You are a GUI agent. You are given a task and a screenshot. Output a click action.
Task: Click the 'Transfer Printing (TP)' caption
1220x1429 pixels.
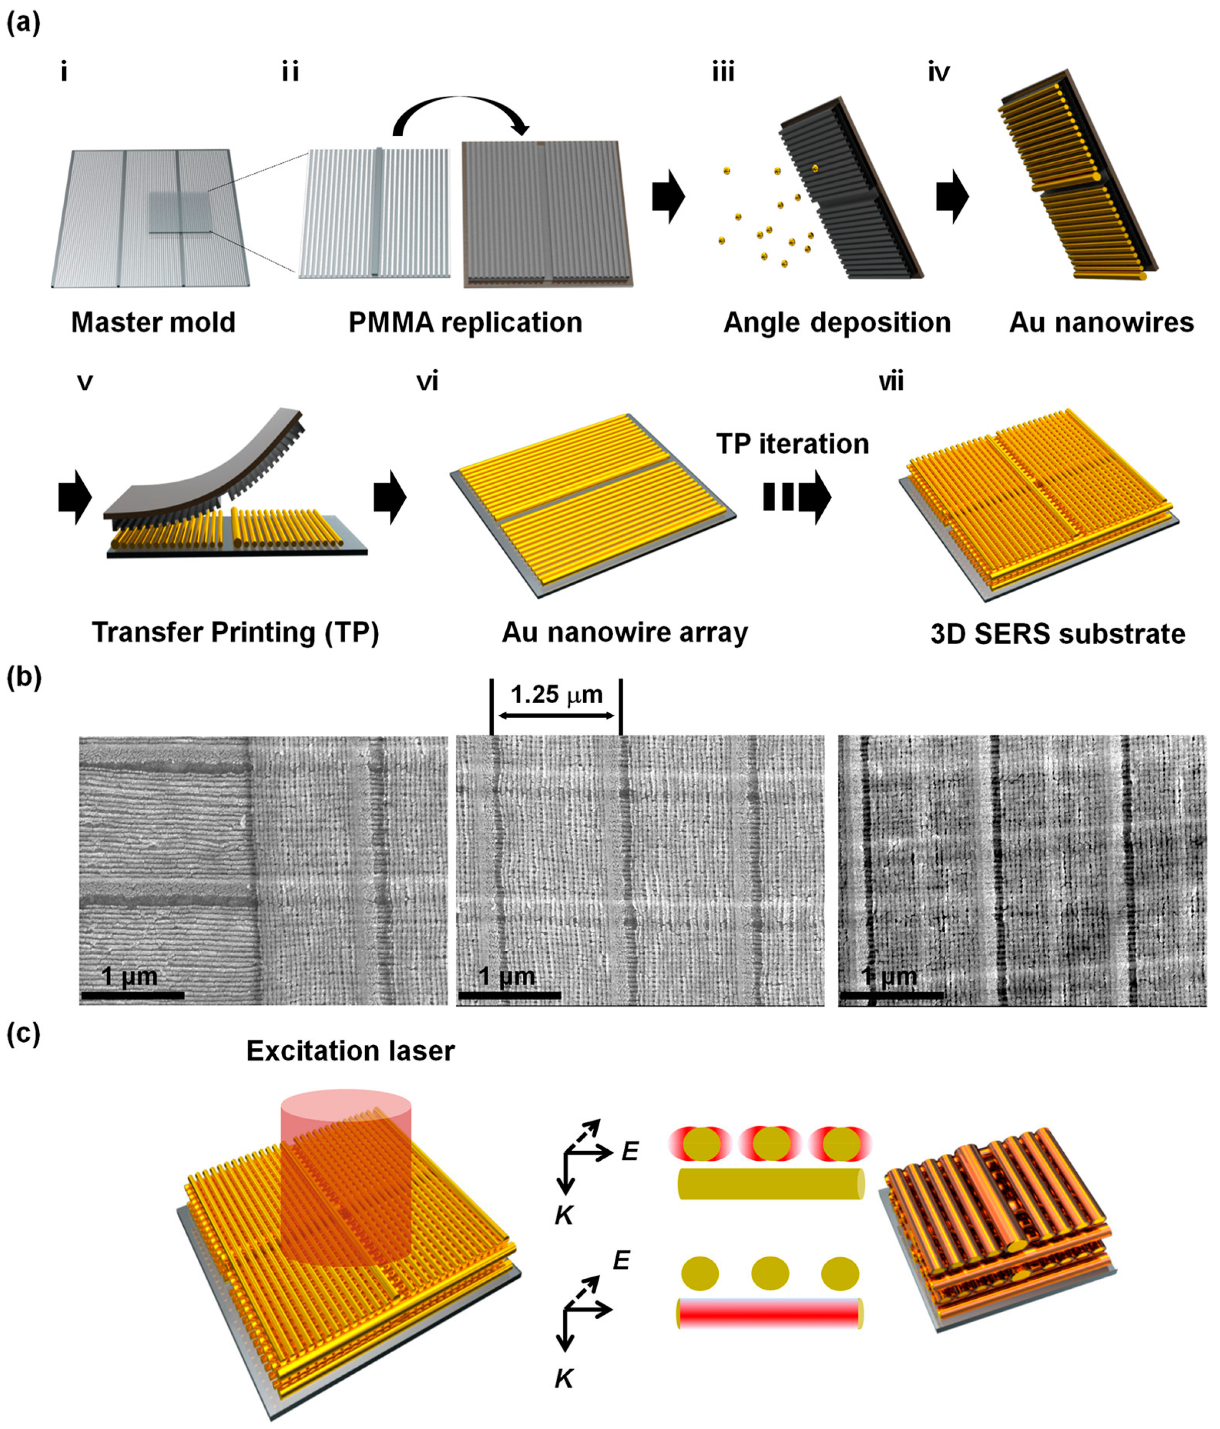click(235, 633)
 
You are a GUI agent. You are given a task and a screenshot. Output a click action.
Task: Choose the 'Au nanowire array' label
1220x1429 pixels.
click(624, 633)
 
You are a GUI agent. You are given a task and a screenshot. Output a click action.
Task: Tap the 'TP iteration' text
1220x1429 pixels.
click(793, 444)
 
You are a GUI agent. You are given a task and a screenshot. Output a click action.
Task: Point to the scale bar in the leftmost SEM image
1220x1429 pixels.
click(133, 995)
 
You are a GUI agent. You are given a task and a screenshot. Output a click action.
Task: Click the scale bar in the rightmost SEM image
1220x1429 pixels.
click(891, 995)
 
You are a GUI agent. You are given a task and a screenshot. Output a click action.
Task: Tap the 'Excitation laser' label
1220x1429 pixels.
click(351, 1051)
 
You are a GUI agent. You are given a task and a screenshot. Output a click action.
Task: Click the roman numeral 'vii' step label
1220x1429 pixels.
click(891, 381)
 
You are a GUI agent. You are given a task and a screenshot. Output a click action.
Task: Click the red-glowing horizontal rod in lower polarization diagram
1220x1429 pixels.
click(769, 1314)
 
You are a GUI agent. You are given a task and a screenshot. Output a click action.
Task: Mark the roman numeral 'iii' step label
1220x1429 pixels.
click(723, 72)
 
